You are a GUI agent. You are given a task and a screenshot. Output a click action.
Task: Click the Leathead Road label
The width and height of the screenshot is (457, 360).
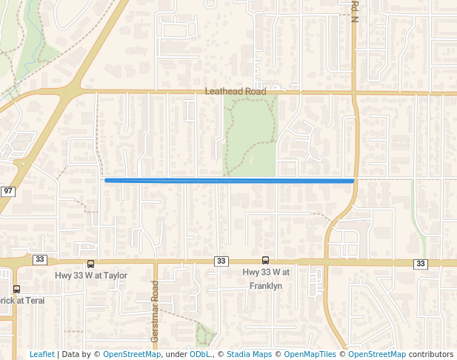(235, 92)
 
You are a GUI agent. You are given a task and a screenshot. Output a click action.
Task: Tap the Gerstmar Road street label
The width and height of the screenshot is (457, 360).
(156, 311)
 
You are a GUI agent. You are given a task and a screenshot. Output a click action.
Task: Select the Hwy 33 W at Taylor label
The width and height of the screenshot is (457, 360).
(91, 276)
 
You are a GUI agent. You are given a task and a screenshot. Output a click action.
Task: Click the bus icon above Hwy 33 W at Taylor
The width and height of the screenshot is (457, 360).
(91, 264)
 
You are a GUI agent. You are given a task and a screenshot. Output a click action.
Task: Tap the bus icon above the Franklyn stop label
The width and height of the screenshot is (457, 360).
(265, 260)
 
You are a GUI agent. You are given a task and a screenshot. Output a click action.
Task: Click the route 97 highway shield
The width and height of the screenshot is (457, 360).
(8, 191)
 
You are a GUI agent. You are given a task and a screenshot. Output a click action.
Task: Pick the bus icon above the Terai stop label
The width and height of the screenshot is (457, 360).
(16, 289)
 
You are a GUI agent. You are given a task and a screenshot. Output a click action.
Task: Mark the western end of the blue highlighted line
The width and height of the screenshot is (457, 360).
(106, 180)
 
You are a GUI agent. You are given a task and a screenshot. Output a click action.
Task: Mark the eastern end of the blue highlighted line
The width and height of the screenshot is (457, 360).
(353, 180)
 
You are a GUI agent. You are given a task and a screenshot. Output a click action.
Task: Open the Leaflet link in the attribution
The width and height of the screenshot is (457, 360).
(41, 354)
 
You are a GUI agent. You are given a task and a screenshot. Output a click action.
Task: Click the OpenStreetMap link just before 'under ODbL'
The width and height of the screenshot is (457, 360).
(132, 354)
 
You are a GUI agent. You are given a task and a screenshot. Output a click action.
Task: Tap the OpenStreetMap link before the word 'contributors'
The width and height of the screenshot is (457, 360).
(377, 354)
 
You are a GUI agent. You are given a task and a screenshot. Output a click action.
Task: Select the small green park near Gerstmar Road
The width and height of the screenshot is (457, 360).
(205, 334)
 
